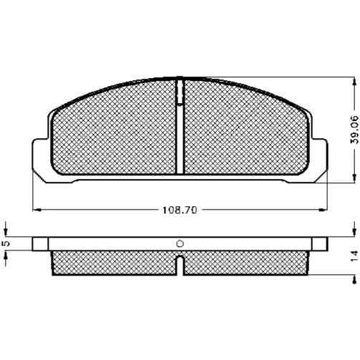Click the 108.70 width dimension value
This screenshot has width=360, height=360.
click(180, 210)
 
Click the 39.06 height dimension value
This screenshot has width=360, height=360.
click(355, 130)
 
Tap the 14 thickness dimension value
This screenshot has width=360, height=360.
click(355, 256)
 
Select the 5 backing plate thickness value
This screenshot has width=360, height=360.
click(7, 243)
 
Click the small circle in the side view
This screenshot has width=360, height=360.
click(180, 244)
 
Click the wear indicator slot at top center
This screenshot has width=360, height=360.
click(180, 92)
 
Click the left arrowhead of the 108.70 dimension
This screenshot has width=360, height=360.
click(37, 210)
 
